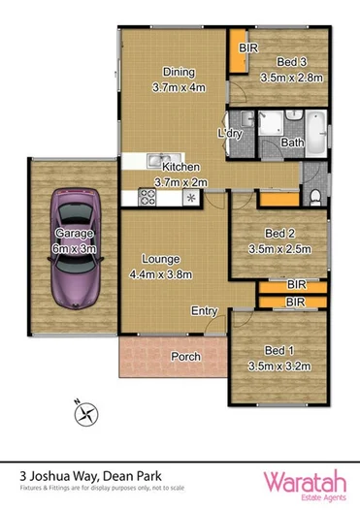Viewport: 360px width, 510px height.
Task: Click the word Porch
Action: coord(185,357)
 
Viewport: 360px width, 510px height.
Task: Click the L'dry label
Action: coord(229,132)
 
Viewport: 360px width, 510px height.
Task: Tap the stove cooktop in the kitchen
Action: coord(148,197)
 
